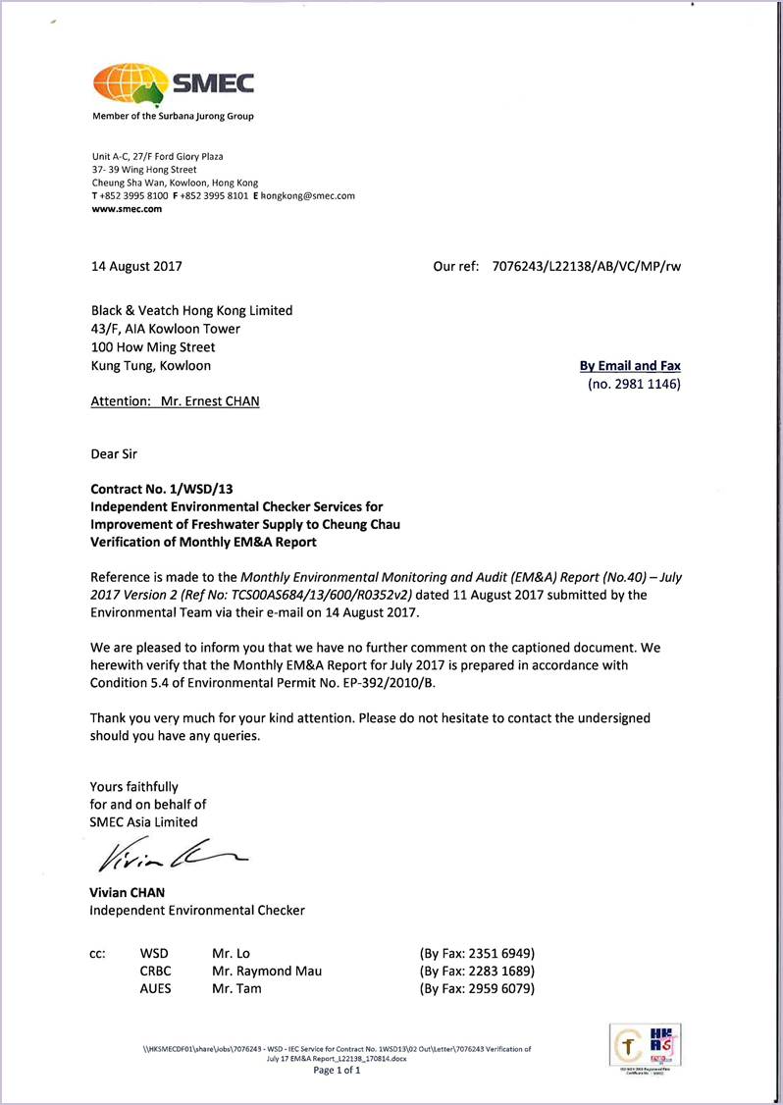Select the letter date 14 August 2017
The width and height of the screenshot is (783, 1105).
pyautogui.click(x=135, y=266)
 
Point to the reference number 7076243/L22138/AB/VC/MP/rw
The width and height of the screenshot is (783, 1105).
pyautogui.click(x=586, y=266)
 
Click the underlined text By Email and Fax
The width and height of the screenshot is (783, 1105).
pyautogui.click(x=630, y=366)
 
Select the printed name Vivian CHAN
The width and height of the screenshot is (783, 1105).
pyautogui.click(x=128, y=892)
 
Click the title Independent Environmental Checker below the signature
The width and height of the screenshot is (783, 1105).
pyautogui.click(x=197, y=910)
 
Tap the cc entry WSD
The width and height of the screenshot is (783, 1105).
pyautogui.click(x=154, y=953)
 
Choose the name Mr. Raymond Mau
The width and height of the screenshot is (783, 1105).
pyautogui.click(x=267, y=971)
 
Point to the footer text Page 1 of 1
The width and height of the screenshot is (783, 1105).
pyautogui.click(x=337, y=1070)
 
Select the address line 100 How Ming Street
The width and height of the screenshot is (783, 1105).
pyautogui.click(x=153, y=347)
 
